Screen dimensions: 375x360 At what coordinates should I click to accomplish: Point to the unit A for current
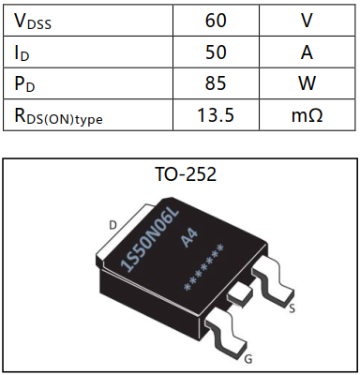[307, 52]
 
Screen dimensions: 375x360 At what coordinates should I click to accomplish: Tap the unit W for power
[307, 83]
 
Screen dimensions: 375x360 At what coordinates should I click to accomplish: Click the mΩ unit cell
[307, 115]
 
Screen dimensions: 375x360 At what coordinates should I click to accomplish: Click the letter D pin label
[114, 224]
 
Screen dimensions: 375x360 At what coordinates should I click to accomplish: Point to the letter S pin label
[294, 307]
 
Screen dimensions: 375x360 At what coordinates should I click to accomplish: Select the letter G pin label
[248, 358]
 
